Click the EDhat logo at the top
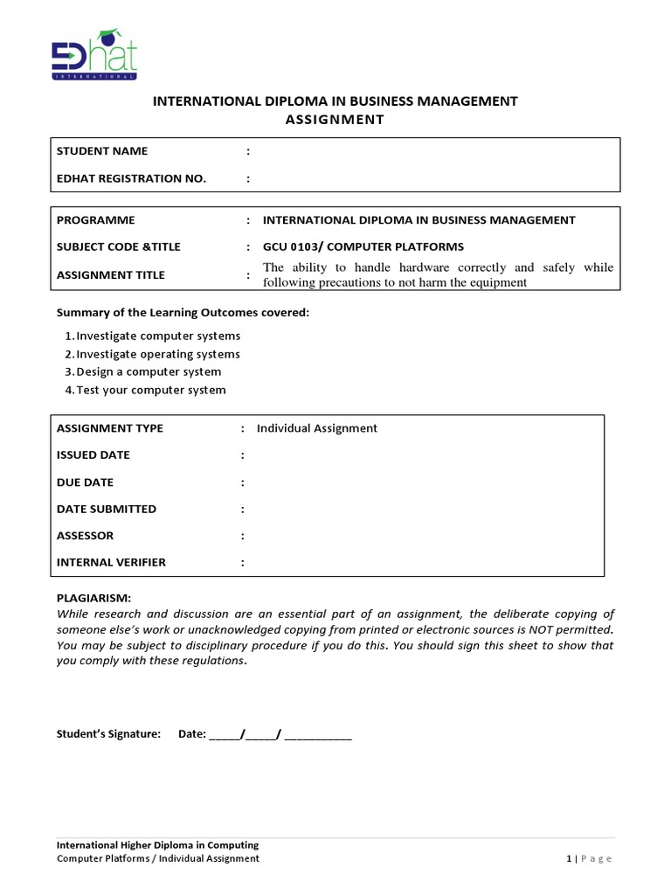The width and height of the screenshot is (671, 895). pyautogui.click(x=93, y=55)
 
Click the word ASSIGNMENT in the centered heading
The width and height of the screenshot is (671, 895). pyautogui.click(x=335, y=120)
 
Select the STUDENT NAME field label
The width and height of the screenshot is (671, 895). pyautogui.click(x=102, y=151)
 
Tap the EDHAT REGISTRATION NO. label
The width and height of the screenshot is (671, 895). pyautogui.click(x=131, y=178)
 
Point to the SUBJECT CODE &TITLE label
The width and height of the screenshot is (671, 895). pyautogui.click(x=118, y=246)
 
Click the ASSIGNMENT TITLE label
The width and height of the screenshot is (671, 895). pyautogui.click(x=110, y=275)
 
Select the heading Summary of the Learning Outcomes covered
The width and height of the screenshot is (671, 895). pyautogui.click(x=183, y=313)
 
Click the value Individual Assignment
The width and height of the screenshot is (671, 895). pyautogui.click(x=316, y=428)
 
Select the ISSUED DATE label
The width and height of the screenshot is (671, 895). pyautogui.click(x=93, y=455)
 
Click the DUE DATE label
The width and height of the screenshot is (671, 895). pyautogui.click(x=85, y=482)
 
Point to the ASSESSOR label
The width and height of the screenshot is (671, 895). pyautogui.click(x=85, y=536)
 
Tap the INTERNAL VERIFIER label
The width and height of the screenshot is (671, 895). pyautogui.click(x=111, y=563)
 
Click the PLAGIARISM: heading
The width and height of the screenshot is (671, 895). pyautogui.click(x=93, y=598)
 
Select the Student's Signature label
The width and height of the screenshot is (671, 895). pyautogui.click(x=109, y=734)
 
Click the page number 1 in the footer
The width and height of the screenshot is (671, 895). pyautogui.click(x=569, y=859)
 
